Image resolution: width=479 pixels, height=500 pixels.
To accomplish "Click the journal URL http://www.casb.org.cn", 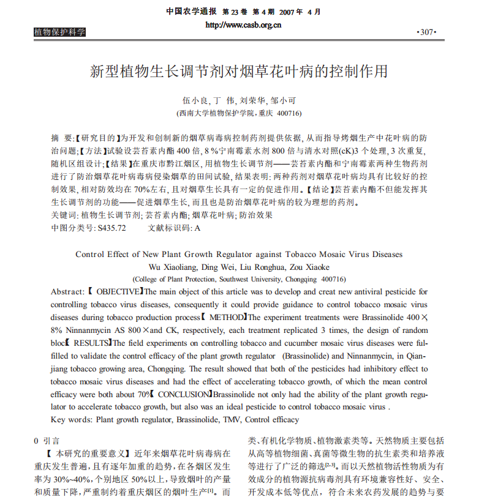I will (243, 25).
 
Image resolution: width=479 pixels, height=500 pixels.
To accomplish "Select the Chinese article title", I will (239, 71).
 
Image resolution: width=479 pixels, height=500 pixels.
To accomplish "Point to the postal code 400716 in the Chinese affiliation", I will (289, 113).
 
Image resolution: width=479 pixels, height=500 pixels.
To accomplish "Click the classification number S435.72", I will (111, 228).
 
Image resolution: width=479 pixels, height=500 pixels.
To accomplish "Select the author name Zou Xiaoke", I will (309, 267).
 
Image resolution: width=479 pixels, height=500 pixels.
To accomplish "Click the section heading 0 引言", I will (47, 440).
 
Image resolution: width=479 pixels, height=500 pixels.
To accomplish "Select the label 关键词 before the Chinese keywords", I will (63, 215).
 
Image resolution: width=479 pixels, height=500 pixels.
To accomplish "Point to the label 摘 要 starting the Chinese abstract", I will (62, 138).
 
